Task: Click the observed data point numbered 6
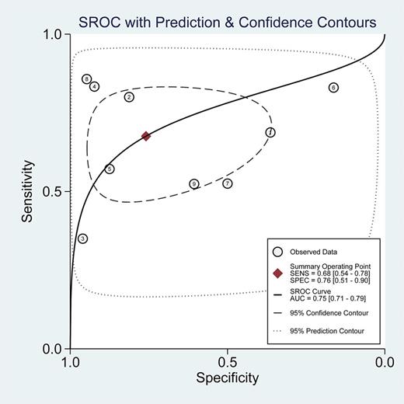click(333, 88)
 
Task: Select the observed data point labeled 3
click(82, 239)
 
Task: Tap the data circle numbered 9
click(194, 184)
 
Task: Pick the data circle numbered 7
click(228, 183)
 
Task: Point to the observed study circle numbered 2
click(129, 97)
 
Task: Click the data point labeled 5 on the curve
click(110, 169)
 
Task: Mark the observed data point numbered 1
click(270, 133)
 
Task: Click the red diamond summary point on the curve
click(145, 136)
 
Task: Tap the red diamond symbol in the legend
click(277, 273)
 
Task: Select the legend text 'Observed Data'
click(313, 251)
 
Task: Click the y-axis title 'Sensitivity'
click(28, 191)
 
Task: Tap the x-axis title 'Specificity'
click(227, 378)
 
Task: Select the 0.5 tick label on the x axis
click(227, 361)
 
